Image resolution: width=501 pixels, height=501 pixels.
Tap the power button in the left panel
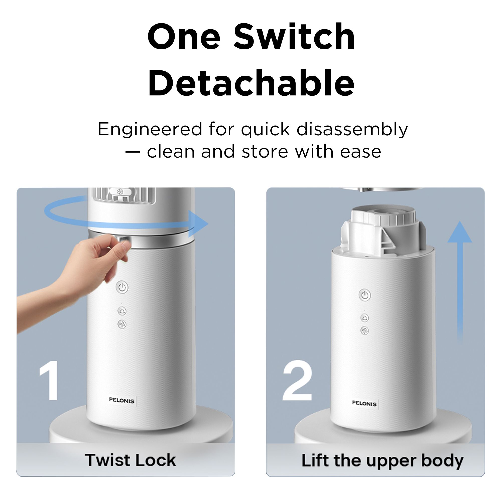(x=122, y=287)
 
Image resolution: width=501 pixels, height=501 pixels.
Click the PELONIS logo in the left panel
(x=122, y=400)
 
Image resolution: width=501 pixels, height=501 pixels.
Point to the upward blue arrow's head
(x=460, y=232)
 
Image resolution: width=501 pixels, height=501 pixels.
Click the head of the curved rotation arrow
(x=198, y=223)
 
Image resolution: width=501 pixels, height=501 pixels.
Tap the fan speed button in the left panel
(x=122, y=324)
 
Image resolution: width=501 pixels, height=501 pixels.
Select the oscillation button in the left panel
(x=122, y=310)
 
